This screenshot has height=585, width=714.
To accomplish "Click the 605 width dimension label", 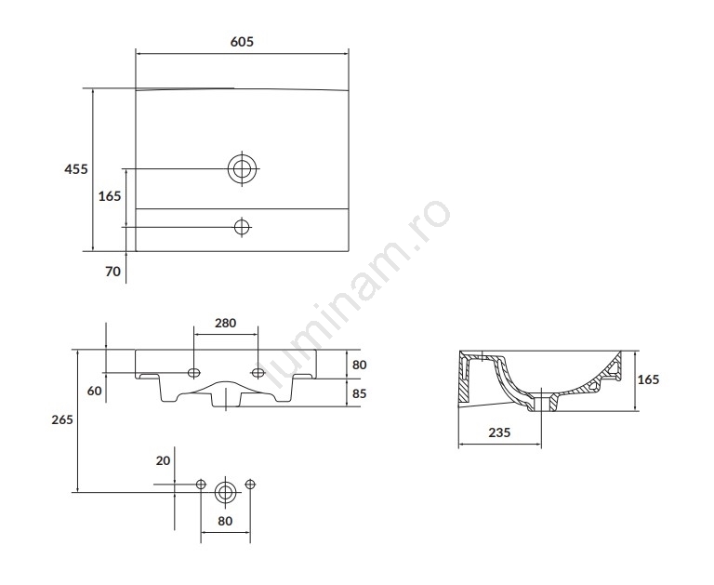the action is pos(242,42).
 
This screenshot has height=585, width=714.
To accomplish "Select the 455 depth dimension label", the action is pos(76,169).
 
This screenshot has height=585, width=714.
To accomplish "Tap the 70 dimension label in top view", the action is pos(112,272).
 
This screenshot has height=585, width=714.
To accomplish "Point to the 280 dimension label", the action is pos(225,323).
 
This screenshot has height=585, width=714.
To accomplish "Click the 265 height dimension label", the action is pos(62,419).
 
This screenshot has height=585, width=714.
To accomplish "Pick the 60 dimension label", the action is pos(94,391).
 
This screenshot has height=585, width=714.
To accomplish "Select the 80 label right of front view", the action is pos(359,365).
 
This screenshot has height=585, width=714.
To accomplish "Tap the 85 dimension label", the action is pos(359,393).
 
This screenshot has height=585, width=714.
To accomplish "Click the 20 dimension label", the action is pos(163,460).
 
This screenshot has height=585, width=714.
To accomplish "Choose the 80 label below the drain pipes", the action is pos(225,521).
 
